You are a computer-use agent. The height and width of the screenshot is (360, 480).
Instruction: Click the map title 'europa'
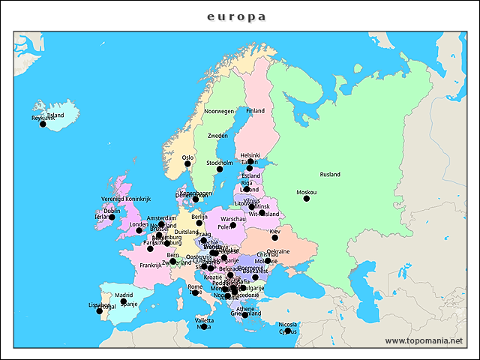pyautogui.click(x=236, y=16)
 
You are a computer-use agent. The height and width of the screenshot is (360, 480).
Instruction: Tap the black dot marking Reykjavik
pyautogui.click(x=43, y=124)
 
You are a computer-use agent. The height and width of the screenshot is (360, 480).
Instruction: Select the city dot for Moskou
pyautogui.click(x=306, y=198)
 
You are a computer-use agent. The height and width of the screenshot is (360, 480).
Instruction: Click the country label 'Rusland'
pyautogui.click(x=330, y=175)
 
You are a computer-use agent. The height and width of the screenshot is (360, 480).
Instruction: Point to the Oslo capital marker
pyautogui.click(x=187, y=163)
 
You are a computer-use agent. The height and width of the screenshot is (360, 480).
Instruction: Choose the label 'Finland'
pyautogui.click(x=256, y=110)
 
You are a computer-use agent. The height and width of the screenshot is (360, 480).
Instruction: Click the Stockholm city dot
pyautogui.click(x=220, y=169)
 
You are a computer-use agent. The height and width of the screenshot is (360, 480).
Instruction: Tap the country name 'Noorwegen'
pyautogui.click(x=220, y=111)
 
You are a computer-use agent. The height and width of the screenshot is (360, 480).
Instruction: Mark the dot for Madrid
pyautogui.click(x=123, y=301)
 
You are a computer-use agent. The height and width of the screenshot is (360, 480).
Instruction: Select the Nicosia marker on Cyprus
pyautogui.click(x=287, y=331)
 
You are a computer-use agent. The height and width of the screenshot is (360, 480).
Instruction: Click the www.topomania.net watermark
pyautogui.click(x=424, y=340)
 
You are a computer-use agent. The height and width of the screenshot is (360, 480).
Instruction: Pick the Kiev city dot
pyautogui.click(x=274, y=238)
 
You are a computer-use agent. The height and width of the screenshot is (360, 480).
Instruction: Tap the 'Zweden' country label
pyautogui.click(x=217, y=136)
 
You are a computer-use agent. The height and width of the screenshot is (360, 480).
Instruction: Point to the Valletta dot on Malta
pyautogui.click(x=203, y=327)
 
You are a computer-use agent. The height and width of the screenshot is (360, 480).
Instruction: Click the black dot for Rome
pyautogui.click(x=195, y=292)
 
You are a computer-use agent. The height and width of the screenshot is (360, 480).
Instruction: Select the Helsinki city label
pyautogui.click(x=250, y=155)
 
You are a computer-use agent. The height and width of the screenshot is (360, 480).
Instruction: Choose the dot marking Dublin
pyautogui.click(x=112, y=217)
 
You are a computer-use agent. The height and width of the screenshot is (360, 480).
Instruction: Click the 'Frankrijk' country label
pyautogui.click(x=151, y=265)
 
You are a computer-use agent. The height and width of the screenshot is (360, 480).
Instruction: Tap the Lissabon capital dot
pyautogui.click(x=100, y=310)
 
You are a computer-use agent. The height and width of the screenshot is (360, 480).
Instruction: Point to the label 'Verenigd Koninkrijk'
pyautogui.click(x=126, y=199)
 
